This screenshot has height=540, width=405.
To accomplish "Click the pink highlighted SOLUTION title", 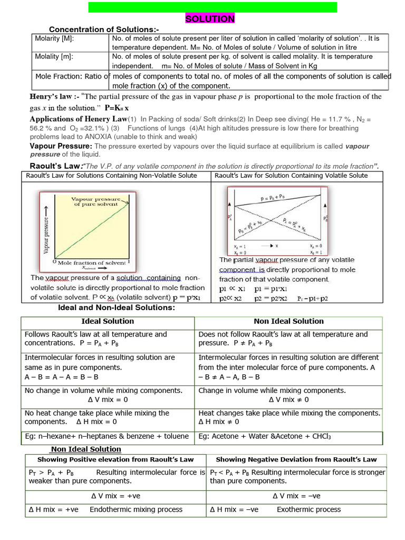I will (210, 19).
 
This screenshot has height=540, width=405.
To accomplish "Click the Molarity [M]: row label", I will (54, 39).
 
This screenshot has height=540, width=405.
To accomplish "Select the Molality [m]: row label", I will (54, 56).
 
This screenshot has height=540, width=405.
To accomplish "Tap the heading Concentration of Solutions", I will (104, 29).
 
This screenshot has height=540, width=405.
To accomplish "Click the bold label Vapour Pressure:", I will (61, 146).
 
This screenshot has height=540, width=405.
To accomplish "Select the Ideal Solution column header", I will (108, 321).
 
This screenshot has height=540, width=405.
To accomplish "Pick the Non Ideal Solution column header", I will (288, 321).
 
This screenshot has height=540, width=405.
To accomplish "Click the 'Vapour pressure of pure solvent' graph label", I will (96, 201).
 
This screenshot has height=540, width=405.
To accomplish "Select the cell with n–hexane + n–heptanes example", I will (107, 436).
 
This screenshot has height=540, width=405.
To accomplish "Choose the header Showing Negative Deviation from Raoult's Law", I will (296, 460).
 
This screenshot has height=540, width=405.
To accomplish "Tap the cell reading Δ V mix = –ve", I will (296, 496).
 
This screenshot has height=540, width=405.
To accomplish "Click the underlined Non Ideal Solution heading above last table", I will (86, 449).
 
